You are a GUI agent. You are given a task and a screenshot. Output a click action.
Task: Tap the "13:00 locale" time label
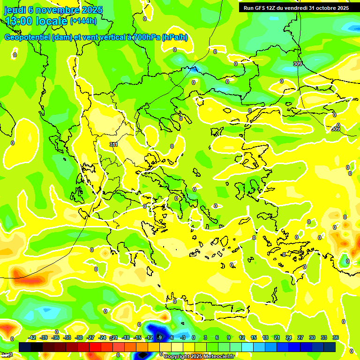tap(36, 21)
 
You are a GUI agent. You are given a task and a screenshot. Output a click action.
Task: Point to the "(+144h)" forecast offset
tap(83, 21)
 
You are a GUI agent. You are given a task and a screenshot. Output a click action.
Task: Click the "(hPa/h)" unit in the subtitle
tap(175, 37)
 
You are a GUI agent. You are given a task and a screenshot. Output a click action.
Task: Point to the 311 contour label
tap(113, 145)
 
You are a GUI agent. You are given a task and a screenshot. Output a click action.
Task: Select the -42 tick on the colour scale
tap(32, 337)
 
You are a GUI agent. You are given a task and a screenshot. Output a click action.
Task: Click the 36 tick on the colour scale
tap(336, 337)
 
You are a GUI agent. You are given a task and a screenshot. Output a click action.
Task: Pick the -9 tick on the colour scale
tap(159, 337)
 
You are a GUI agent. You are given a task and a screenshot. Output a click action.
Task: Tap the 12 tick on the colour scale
tap(242, 337)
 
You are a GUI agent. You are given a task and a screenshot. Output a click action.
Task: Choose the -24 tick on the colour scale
tap(102, 337)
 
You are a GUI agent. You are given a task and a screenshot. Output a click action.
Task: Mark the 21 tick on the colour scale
tap(277, 337)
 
